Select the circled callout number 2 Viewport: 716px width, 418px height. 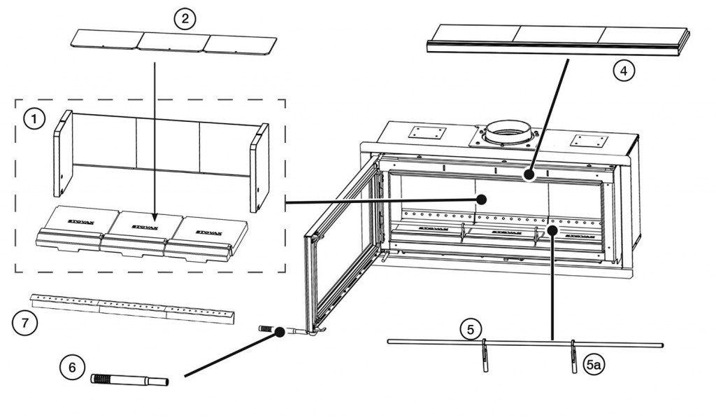(185, 19)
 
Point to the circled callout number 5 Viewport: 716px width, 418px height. (471, 328)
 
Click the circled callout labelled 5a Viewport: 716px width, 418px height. (593, 364)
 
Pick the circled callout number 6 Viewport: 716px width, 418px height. (72, 367)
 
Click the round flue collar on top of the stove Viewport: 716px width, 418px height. (508, 131)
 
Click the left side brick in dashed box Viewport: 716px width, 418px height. (62, 153)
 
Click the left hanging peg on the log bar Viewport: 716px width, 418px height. (484, 354)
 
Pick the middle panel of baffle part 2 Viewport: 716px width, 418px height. (171, 43)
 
